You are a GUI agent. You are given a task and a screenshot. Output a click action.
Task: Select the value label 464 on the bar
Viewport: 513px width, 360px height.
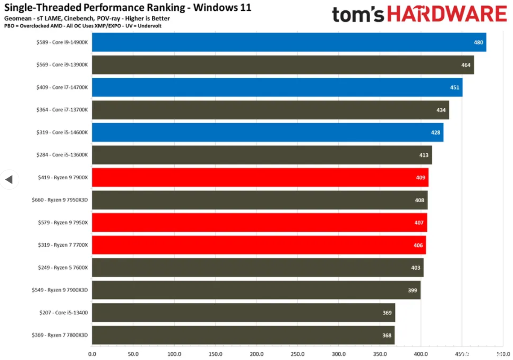tap(466, 65)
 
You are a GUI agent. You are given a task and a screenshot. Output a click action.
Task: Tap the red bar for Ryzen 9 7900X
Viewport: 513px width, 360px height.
tap(260, 178)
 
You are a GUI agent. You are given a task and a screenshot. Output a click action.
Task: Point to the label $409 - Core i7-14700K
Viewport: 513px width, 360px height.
tap(62, 87)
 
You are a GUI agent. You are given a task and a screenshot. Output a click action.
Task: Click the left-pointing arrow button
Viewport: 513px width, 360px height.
tap(9, 180)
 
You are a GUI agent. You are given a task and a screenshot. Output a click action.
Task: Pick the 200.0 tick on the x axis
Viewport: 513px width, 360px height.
tap(256, 354)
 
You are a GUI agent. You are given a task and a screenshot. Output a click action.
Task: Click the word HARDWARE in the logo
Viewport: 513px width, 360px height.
tap(447, 14)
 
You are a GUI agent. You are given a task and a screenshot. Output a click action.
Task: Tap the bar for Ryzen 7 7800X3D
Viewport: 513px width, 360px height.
tap(243, 335)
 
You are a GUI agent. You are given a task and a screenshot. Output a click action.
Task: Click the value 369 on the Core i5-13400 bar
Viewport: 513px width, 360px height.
tap(387, 313)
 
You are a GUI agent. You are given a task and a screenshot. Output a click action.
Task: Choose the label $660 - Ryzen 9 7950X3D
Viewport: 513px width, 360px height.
tap(60, 200)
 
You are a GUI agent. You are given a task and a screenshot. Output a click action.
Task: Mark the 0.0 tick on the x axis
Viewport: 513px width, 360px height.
tap(92, 354)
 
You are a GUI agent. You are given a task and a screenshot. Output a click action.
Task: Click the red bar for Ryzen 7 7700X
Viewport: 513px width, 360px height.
tap(259, 245)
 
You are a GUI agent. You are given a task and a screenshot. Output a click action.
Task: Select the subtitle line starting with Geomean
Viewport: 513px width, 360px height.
tap(87, 18)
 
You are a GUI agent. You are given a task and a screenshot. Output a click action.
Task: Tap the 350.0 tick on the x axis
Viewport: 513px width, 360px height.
tap(380, 354)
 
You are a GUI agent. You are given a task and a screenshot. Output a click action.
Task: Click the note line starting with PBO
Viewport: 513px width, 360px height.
tap(83, 26)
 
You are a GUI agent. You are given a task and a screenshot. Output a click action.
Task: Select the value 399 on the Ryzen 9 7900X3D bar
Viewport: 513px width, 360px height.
tap(412, 290)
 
